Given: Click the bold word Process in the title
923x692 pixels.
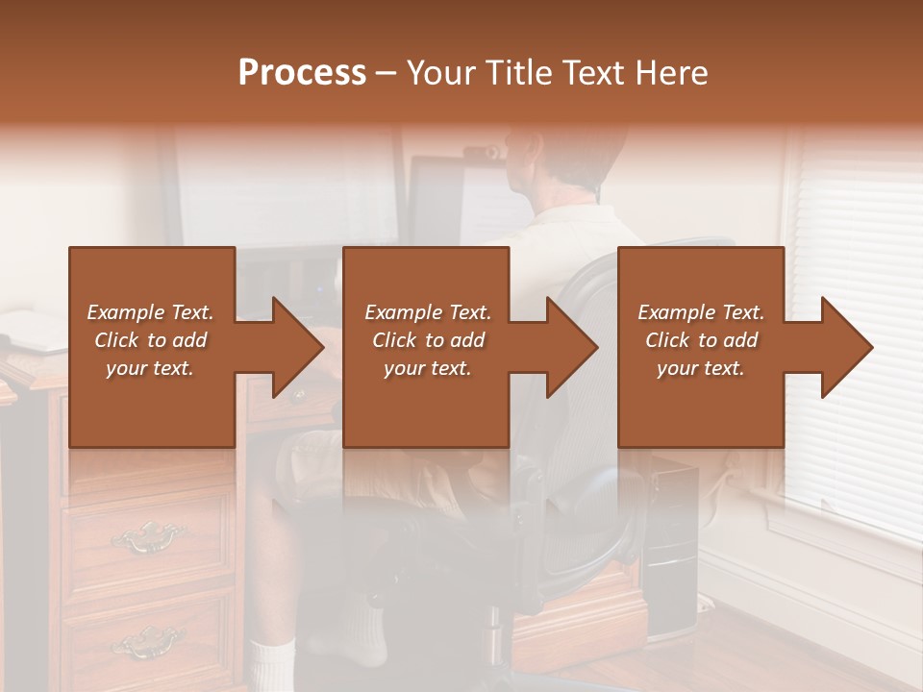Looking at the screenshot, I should (302, 73).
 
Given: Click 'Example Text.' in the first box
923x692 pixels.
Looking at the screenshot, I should (150, 312).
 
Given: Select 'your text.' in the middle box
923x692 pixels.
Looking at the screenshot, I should (428, 368).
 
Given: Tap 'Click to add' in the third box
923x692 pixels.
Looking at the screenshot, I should (702, 340).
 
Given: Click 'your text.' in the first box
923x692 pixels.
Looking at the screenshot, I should (150, 368).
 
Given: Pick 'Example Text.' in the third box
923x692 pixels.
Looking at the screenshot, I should (702, 312).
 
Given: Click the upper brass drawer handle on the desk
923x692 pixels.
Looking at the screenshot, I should (146, 534).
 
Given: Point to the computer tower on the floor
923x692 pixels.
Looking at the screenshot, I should (670, 548).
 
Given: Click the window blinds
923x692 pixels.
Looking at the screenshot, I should (856, 288).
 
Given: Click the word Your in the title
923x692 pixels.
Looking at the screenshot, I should (441, 73).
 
